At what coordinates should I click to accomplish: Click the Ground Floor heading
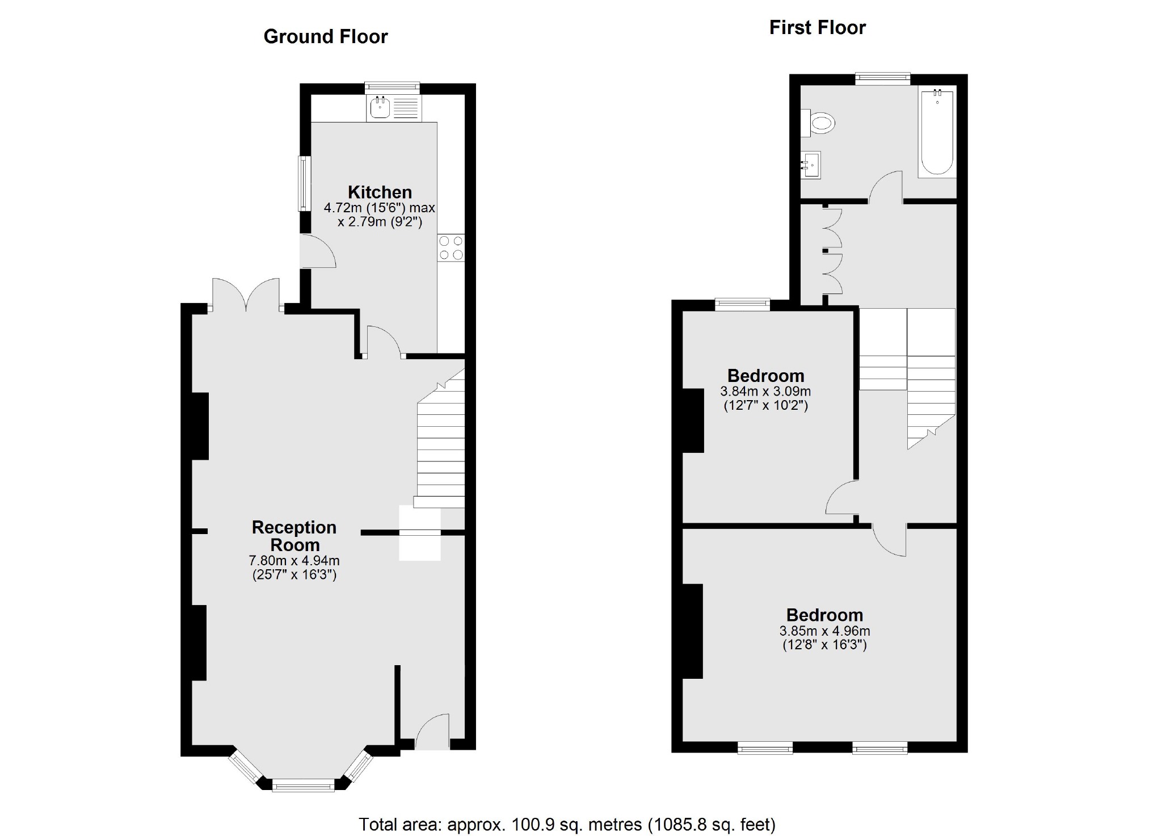click(325, 37)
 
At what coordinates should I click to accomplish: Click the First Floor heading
click(817, 28)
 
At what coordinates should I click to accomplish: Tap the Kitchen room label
click(380, 192)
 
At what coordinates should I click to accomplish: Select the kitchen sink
click(380, 107)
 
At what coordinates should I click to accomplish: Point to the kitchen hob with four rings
click(451, 248)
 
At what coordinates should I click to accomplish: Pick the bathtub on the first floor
click(937, 132)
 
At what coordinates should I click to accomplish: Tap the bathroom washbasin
click(811, 165)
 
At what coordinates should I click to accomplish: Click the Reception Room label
click(294, 536)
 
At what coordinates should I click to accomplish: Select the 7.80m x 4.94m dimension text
click(294, 561)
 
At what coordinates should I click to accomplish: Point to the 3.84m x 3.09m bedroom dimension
click(765, 391)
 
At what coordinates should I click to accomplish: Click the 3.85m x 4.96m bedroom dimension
click(824, 631)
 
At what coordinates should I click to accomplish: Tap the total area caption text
click(567, 824)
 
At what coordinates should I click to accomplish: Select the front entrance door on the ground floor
click(432, 733)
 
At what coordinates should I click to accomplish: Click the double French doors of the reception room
click(246, 295)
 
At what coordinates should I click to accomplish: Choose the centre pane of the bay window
click(303, 786)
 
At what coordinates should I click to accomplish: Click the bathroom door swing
click(886, 187)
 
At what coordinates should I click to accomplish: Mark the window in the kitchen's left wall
click(305, 183)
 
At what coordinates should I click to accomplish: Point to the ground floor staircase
click(441, 448)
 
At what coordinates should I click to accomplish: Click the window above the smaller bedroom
click(742, 304)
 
